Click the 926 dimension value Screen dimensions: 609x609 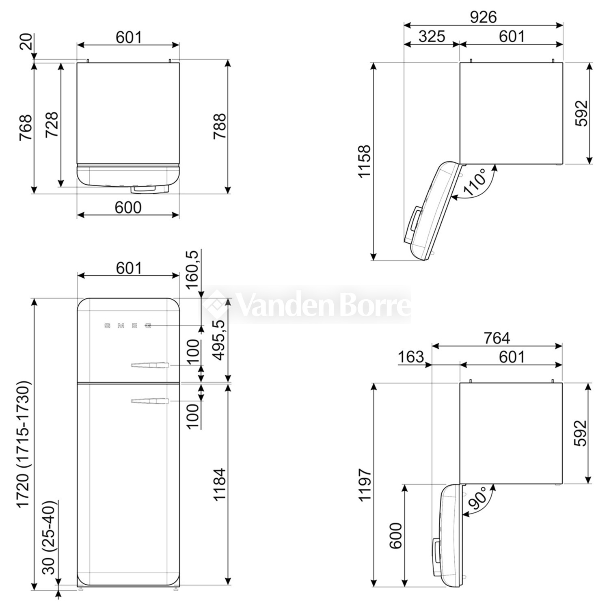click(483, 17)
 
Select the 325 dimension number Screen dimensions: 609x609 click(432, 37)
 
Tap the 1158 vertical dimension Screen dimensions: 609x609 click(364, 161)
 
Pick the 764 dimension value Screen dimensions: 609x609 click(497, 338)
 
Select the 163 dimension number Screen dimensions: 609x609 click(411, 357)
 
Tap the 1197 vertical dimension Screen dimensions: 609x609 click(364, 485)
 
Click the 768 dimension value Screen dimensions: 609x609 click(26, 127)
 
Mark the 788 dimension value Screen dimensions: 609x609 click(220, 127)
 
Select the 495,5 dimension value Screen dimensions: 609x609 click(220, 340)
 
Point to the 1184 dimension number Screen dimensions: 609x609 click(220, 485)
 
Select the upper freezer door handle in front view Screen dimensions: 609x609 click(150, 365)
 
